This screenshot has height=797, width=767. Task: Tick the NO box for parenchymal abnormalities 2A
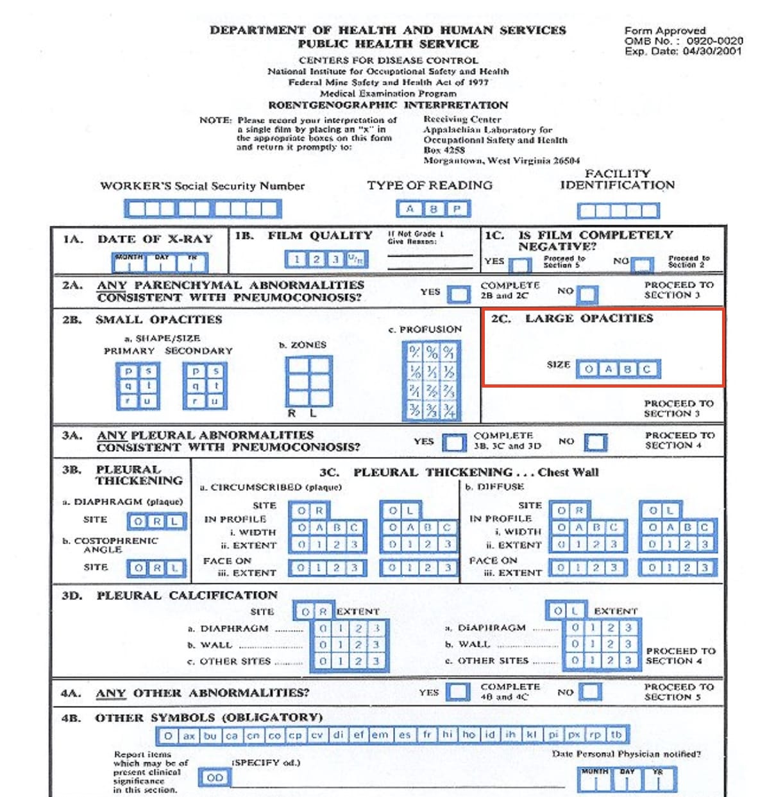coord(587,294)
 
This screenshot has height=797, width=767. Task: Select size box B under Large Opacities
coord(627,369)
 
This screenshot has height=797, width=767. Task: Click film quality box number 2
coord(316,259)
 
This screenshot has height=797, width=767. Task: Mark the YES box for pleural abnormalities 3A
coord(454,443)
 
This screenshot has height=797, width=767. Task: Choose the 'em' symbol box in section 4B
coord(380,735)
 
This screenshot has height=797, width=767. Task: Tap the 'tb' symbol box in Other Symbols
coord(616,735)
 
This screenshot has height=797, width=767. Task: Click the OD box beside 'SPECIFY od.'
coord(215,778)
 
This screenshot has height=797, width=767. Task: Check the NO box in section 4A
coord(590,692)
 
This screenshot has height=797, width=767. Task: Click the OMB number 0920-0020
coord(714,40)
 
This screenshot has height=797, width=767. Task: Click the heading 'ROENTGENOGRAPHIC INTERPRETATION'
coord(388,105)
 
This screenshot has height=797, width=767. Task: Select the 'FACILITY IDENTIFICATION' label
coord(617,180)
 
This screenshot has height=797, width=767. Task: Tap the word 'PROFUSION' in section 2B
coord(430,329)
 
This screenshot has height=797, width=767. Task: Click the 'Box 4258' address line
coord(444,150)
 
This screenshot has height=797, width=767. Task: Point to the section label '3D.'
coord(72,596)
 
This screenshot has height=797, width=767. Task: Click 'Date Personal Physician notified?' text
coord(626,754)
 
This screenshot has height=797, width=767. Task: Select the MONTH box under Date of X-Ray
coord(128,262)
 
